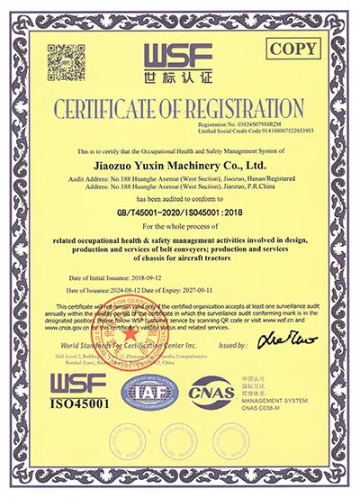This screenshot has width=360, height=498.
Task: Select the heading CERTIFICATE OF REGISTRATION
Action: (x=179, y=109)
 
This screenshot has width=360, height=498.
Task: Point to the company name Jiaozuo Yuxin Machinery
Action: (x=179, y=166)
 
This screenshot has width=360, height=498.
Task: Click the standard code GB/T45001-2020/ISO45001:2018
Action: (x=180, y=214)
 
